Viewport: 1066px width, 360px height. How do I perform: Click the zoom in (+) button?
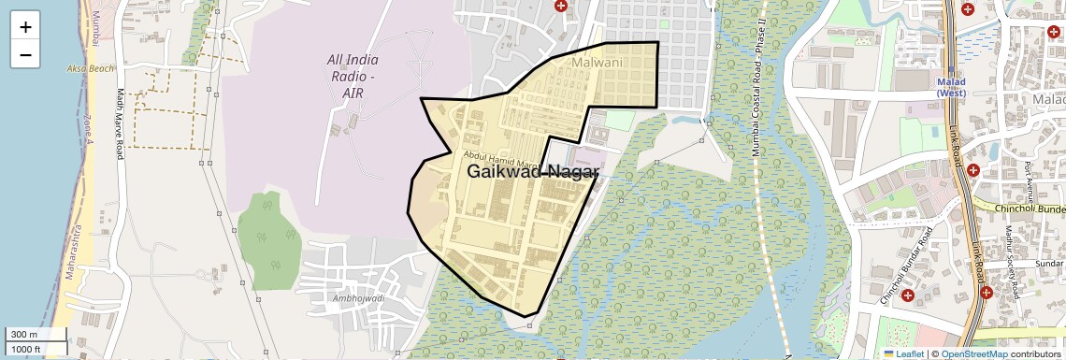(x=25, y=27)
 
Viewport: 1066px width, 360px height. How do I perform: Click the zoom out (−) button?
(x=25, y=54)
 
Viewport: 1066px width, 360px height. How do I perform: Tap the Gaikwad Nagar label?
(x=532, y=171)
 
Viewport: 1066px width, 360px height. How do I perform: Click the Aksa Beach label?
(x=90, y=69)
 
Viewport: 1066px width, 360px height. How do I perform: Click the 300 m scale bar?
(x=36, y=335)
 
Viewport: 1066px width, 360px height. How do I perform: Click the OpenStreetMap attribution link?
(x=973, y=353)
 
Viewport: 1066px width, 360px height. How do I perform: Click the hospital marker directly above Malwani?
(x=561, y=6)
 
